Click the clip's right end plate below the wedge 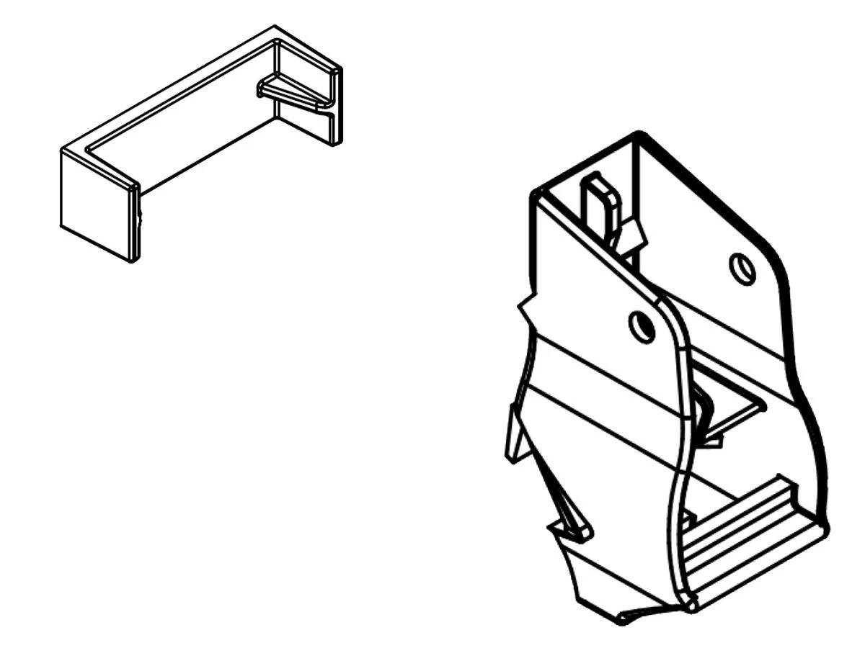pos(306,122)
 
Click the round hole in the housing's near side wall pos(641,327)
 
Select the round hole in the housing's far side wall pos(742,269)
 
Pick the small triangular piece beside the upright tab pos(632,232)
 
